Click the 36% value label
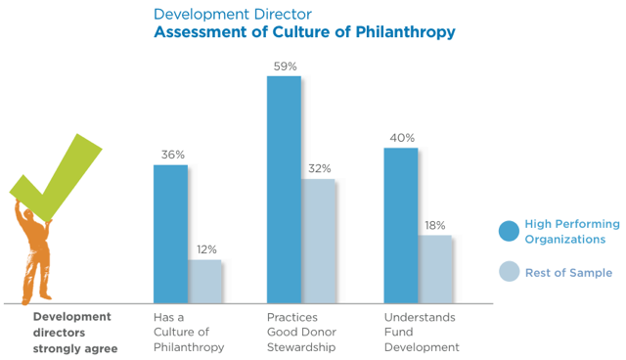tap(172, 155)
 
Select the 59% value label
tap(286, 66)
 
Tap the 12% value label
tap(205, 249)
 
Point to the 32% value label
tap(319, 168)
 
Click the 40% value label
tap(401, 138)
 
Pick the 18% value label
tap(435, 225)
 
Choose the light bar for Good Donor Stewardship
tap(318, 241)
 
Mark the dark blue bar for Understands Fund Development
tap(400, 225)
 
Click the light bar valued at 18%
tap(434, 269)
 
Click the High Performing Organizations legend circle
tap(509, 231)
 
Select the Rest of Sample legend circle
tap(509, 273)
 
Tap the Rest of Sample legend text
tap(568, 273)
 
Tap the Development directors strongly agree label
tap(74, 333)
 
